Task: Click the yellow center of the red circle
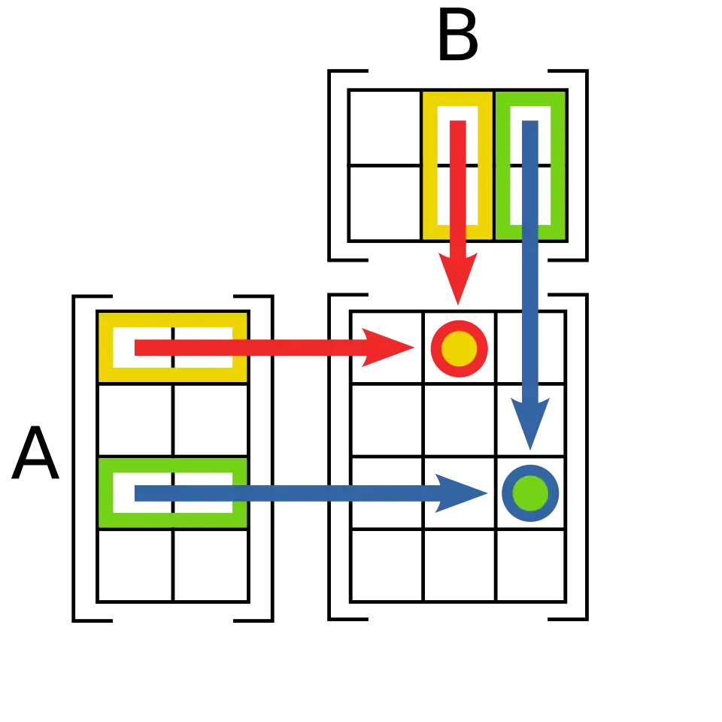[x=458, y=348]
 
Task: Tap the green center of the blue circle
[x=530, y=493]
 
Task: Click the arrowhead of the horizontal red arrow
[x=391, y=347]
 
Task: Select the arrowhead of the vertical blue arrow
[x=531, y=425]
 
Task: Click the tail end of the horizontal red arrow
[x=136, y=347]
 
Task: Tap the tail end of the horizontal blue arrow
[x=136, y=493]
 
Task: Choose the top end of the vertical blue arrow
[x=530, y=123]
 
